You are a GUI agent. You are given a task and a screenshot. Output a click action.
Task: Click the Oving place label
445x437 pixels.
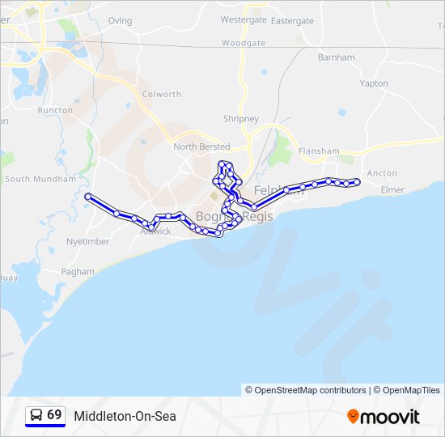pyautogui.click(x=120, y=20)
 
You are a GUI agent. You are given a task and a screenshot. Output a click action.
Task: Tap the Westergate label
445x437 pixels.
pyautogui.click(x=244, y=19)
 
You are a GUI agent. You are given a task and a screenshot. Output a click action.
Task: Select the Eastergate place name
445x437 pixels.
pyautogui.click(x=292, y=20)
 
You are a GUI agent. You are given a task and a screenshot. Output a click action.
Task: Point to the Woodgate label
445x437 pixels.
pyautogui.click(x=243, y=43)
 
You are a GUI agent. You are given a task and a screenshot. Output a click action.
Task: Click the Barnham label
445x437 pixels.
pyautogui.click(x=337, y=57)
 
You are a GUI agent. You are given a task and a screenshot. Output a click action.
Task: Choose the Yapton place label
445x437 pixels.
pyautogui.click(x=374, y=83)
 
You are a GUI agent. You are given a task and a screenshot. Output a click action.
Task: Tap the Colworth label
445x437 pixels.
pyautogui.click(x=162, y=94)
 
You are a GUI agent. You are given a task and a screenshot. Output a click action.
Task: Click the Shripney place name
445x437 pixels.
pyautogui.click(x=241, y=119)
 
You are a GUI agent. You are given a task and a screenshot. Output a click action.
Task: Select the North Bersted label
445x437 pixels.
pyautogui.click(x=201, y=146)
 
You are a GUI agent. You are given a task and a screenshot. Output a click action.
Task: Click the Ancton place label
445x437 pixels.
pyautogui.click(x=382, y=173)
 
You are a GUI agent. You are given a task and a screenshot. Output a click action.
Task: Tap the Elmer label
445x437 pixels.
pyautogui.click(x=392, y=190)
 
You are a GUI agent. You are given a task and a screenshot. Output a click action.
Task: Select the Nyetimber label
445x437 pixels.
pyautogui.click(x=87, y=241)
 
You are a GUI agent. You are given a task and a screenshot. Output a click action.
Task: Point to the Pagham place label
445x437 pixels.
pyautogui.click(x=78, y=272)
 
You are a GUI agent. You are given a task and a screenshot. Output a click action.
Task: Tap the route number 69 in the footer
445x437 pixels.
pyautogui.click(x=54, y=415)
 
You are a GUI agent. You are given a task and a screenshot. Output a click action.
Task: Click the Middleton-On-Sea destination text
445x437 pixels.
pyautogui.click(x=125, y=416)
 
